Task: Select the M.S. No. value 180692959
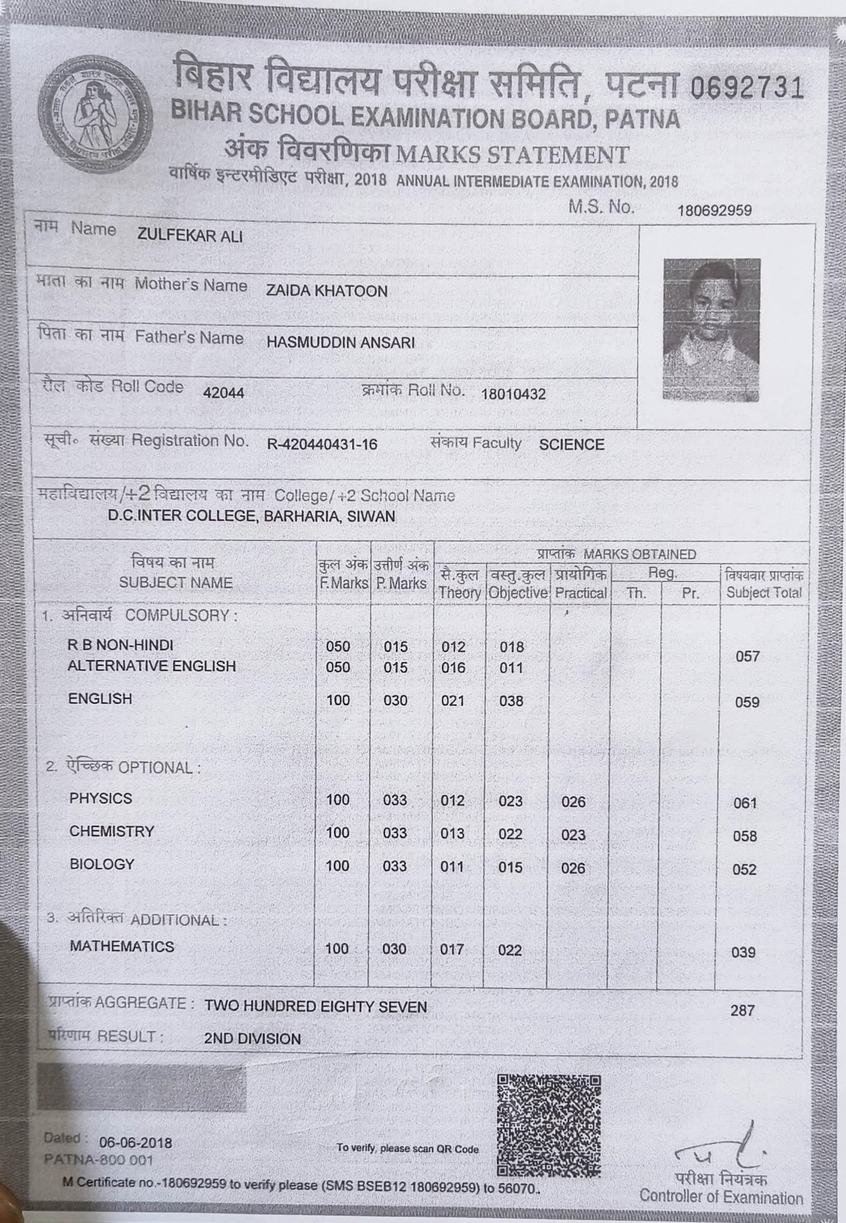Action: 714,211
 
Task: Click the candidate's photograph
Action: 712,329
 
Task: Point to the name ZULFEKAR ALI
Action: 190,236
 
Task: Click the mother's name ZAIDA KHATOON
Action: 326,291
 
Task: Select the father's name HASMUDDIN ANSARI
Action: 340,343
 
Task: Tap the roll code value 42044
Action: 224,393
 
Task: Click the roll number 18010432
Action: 513,394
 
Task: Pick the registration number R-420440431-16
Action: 322,444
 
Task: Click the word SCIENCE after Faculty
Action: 571,444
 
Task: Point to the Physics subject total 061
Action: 745,803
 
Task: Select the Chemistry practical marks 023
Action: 573,836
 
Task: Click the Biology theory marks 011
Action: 452,867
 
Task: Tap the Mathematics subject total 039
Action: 743,953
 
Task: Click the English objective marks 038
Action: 511,701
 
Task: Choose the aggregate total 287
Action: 742,1011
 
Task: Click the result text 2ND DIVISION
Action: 252,1038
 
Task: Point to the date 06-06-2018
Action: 136,1143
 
